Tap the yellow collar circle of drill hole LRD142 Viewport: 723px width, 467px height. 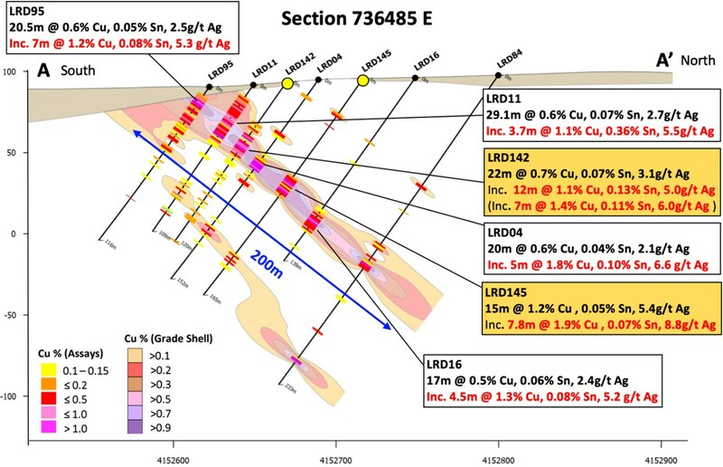(287, 83)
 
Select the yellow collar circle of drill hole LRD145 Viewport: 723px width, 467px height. (362, 81)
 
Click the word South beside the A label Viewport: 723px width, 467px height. (80, 70)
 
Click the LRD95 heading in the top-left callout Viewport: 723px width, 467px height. (26, 8)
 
